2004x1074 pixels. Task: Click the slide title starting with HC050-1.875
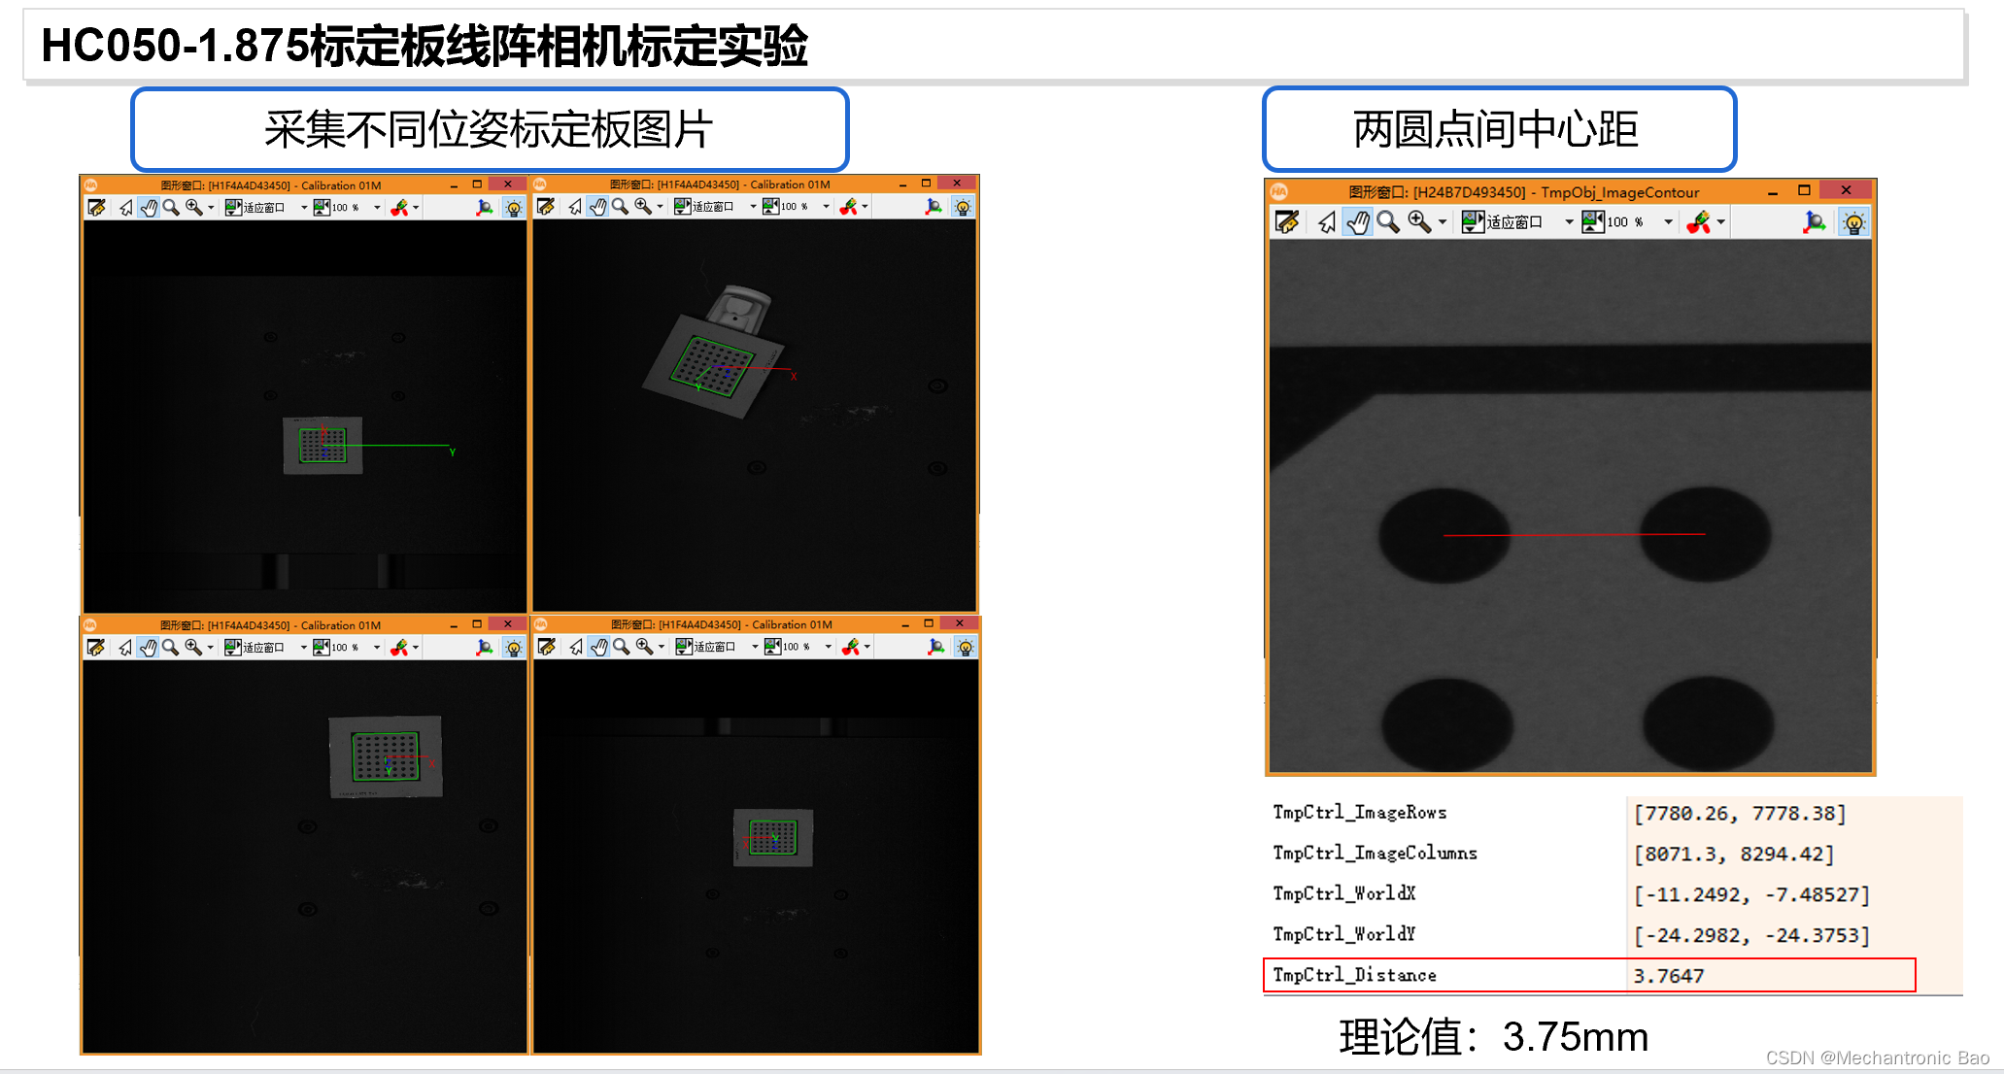[425, 46]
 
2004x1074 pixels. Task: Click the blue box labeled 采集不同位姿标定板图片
[490, 129]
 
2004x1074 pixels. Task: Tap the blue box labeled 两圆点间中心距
[1498, 129]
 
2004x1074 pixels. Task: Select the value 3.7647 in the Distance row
[1668, 976]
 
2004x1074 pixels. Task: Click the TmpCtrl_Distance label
[1354, 975]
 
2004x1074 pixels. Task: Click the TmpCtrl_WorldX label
[1344, 893]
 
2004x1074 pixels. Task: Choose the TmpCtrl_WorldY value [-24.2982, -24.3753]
[1750, 935]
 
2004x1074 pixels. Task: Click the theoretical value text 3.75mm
[1575, 1037]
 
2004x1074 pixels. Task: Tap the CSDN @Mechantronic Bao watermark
[1877, 1057]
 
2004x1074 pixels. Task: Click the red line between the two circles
[1574, 535]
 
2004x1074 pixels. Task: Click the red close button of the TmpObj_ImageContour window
[1846, 190]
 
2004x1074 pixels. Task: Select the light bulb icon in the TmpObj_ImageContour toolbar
[1853, 223]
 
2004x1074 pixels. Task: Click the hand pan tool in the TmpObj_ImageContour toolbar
[1357, 223]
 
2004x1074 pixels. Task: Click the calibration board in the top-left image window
[323, 446]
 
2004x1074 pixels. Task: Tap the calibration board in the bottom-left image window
[386, 756]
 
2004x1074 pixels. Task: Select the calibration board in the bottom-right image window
[773, 837]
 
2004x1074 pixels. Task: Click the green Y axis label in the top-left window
[453, 453]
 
